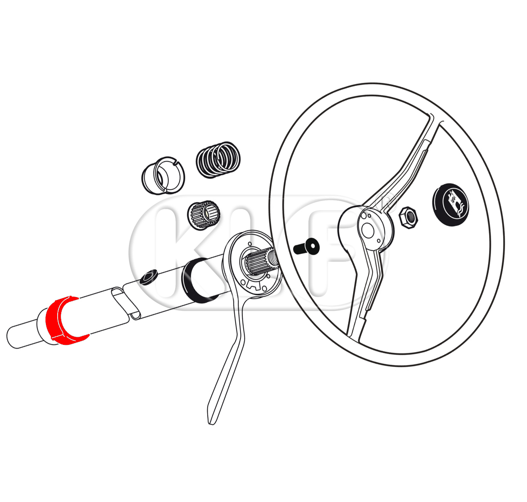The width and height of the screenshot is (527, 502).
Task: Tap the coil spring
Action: tap(218, 160)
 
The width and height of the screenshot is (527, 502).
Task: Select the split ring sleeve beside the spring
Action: tap(163, 176)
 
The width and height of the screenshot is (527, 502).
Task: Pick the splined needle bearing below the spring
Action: tap(204, 215)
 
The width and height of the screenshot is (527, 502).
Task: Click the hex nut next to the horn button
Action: tap(409, 218)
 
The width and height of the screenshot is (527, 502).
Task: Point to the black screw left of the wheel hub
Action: tap(306, 247)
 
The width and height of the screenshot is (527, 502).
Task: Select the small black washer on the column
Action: tap(149, 276)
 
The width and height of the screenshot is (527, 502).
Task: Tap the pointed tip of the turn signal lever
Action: tap(211, 423)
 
